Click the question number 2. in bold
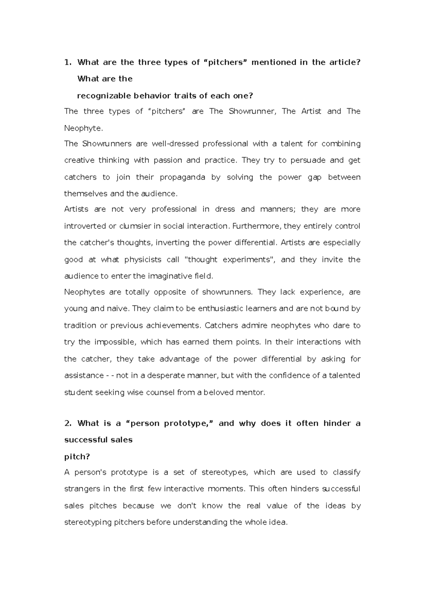point(68,423)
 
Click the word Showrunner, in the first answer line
point(252,111)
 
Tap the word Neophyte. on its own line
point(83,128)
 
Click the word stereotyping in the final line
point(87,522)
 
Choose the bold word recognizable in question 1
point(103,96)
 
